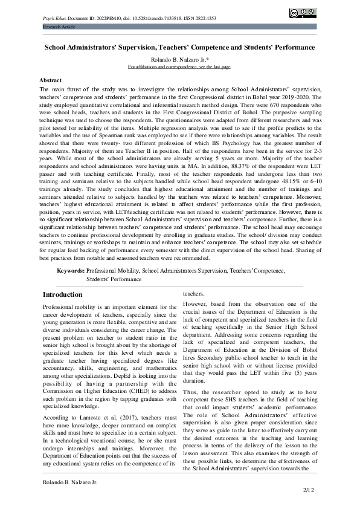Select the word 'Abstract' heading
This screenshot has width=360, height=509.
coord(50,80)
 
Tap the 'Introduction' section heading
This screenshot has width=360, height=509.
coord(62,294)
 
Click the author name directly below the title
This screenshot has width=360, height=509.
coord(179,59)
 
